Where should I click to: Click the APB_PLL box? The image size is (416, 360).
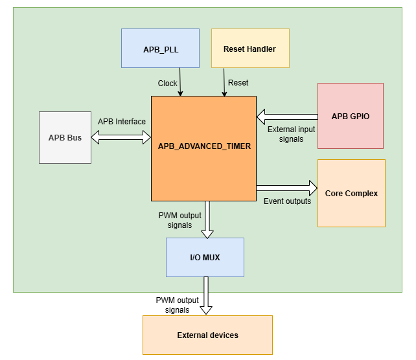(160, 49)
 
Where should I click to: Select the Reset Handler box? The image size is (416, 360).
(249, 49)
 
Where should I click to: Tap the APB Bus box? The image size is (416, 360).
(65, 137)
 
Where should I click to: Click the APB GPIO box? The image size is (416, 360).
(350, 117)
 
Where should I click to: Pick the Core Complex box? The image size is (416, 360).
(351, 193)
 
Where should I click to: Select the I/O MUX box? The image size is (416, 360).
(205, 257)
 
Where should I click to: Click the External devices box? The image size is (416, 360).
(207, 335)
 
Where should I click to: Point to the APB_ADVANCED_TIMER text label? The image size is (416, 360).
(204, 146)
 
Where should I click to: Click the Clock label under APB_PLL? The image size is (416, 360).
(168, 84)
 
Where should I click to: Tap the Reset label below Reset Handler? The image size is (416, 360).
(238, 83)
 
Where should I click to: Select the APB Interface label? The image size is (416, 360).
(122, 121)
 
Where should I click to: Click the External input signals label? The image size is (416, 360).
(292, 134)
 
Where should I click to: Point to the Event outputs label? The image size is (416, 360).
(287, 201)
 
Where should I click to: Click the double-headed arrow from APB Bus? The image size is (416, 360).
(121, 137)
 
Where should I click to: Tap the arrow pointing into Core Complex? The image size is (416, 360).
(286, 188)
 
